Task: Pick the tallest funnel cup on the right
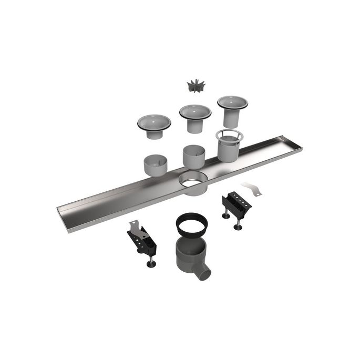(232, 109)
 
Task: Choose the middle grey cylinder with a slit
(194, 156)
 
